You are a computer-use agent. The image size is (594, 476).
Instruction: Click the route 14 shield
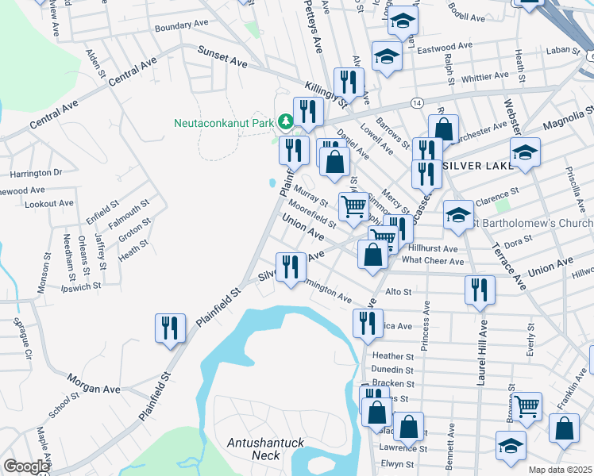[416, 103]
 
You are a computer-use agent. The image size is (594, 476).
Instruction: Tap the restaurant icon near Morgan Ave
[170, 327]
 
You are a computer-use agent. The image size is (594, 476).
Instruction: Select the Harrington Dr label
[36, 172]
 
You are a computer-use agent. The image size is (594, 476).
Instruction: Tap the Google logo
[26, 466]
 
